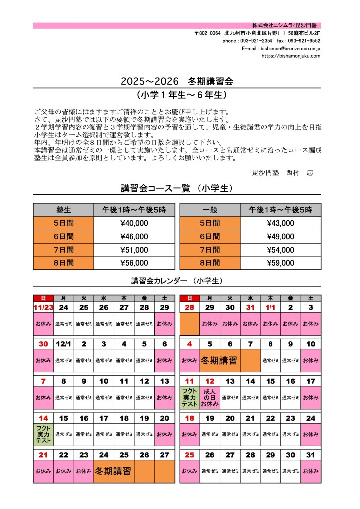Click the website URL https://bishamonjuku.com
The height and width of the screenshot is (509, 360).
point(290,56)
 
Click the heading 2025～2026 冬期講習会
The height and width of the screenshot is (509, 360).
point(177,80)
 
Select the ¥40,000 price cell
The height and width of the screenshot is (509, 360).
point(134,223)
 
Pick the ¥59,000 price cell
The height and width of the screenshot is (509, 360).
point(280,263)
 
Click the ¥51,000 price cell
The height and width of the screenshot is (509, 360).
point(134,250)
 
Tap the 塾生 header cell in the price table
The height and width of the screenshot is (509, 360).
point(63,210)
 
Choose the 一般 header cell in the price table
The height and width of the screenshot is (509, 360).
point(209,210)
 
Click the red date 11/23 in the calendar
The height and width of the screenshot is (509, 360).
point(43,308)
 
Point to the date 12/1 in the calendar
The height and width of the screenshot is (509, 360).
point(63,344)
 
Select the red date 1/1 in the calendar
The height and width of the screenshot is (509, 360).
point(270,308)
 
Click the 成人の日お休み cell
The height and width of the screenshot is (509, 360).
point(209,398)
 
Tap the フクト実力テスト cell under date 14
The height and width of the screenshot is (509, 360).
point(43,434)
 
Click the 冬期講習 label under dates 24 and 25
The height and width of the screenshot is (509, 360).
point(113,471)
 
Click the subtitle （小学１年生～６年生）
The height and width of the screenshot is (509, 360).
point(177,94)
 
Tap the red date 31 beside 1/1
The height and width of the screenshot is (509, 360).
point(250,308)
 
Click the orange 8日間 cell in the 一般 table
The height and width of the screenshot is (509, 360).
point(209,263)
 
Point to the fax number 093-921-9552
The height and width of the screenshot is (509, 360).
point(305,41)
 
